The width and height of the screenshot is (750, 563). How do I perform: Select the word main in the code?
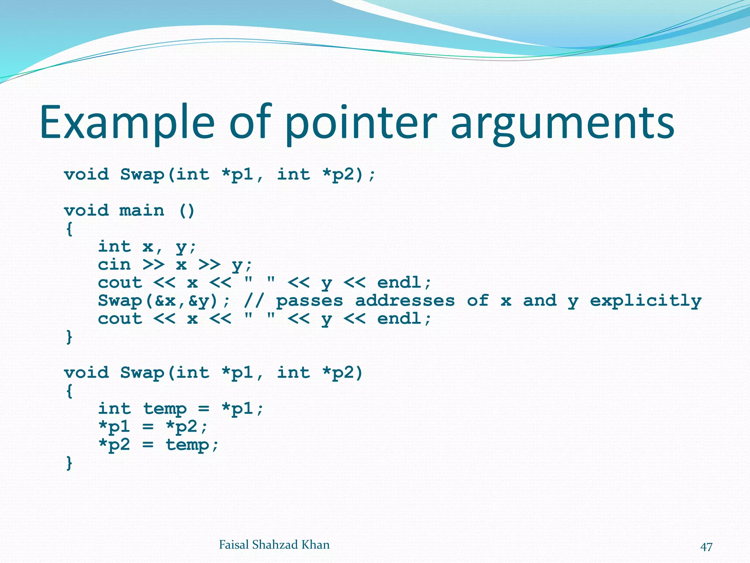pos(142,211)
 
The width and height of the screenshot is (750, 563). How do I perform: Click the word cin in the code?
pos(114,265)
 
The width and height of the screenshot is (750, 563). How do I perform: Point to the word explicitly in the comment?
pos(645,301)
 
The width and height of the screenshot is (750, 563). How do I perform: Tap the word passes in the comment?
pos(309,301)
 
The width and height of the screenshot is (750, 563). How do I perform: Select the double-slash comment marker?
pos(253,301)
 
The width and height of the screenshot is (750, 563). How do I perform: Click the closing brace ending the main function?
pos(69,336)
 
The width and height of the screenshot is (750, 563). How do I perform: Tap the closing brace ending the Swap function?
pos(69,463)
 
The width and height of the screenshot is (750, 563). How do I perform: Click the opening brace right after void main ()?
pos(69,229)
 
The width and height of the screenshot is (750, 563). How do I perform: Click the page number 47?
pos(706,547)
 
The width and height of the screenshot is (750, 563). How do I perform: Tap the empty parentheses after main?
pos(187,211)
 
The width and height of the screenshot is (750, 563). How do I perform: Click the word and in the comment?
pos(540,301)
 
